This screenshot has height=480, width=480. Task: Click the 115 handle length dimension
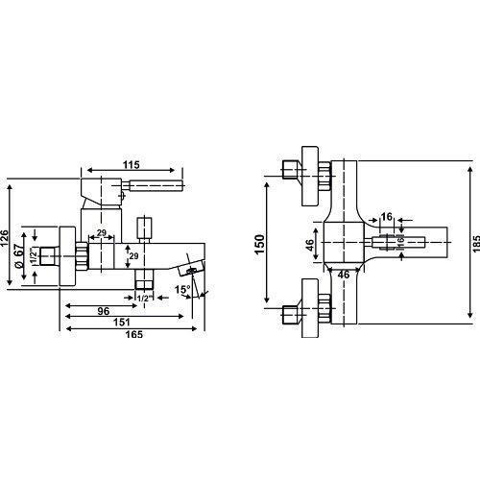(132, 165)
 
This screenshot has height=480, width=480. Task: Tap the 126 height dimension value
(5, 238)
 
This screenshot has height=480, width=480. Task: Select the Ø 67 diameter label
(18, 255)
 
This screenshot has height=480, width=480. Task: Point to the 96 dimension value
(104, 311)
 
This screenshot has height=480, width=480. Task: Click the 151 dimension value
(122, 322)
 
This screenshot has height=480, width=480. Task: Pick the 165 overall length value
(134, 334)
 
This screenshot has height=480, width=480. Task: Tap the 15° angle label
(182, 290)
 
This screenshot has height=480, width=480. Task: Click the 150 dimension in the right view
(260, 244)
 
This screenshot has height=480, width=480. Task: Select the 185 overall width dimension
(476, 244)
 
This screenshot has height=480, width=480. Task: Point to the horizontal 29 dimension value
(102, 232)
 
